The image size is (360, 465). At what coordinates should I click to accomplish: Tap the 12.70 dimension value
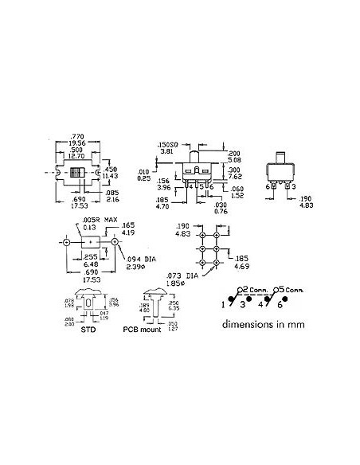pyautogui.click(x=76, y=156)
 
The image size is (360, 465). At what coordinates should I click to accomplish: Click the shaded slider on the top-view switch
pyautogui.click(x=76, y=174)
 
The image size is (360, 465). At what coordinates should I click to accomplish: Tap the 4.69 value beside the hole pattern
pyautogui.click(x=244, y=265)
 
